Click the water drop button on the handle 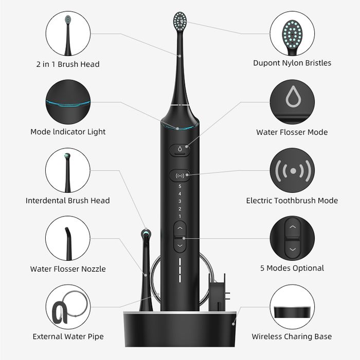click(x=179, y=150)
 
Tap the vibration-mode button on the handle click(x=179, y=175)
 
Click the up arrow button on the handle click(x=179, y=228)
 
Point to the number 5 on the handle click(x=179, y=186)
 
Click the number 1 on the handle click(x=179, y=216)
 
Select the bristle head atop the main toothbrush click(x=180, y=22)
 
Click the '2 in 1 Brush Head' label click(x=68, y=64)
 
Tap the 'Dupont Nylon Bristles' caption click(x=292, y=63)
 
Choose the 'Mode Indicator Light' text click(x=68, y=132)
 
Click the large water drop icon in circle click(x=292, y=101)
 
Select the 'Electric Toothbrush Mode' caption click(x=292, y=201)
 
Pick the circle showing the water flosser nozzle click(x=68, y=238)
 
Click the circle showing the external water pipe click(x=68, y=307)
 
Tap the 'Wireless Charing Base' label click(x=292, y=337)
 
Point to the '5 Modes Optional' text click(x=292, y=268)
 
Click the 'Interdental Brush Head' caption click(x=68, y=201)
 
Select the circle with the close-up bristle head click(x=292, y=33)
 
